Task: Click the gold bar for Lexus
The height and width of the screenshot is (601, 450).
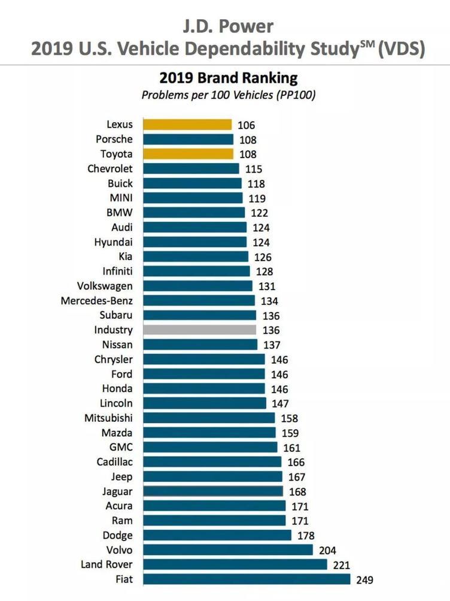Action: click(x=187, y=125)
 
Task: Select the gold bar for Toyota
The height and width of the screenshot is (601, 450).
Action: click(x=188, y=154)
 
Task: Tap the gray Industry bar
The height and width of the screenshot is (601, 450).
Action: click(x=200, y=330)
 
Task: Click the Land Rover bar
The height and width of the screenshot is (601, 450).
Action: click(x=235, y=564)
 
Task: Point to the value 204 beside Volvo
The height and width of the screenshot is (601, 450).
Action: click(x=328, y=550)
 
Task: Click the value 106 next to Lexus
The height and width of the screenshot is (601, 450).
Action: click(x=246, y=125)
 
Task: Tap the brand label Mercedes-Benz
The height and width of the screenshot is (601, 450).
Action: click(x=97, y=301)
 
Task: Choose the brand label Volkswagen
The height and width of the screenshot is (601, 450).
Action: click(x=105, y=286)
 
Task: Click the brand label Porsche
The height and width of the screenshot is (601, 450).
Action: click(x=114, y=139)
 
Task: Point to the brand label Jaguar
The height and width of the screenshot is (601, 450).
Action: click(x=117, y=491)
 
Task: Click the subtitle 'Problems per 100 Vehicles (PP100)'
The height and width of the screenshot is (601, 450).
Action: click(x=228, y=95)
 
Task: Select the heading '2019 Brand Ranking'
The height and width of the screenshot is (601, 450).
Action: click(x=228, y=78)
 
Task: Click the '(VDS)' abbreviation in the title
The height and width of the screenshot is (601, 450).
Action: click(x=400, y=49)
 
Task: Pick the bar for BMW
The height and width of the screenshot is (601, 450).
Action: click(x=194, y=213)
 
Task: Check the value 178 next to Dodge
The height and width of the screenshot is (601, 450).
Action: click(x=306, y=536)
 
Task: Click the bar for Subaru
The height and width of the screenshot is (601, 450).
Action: click(x=200, y=315)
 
